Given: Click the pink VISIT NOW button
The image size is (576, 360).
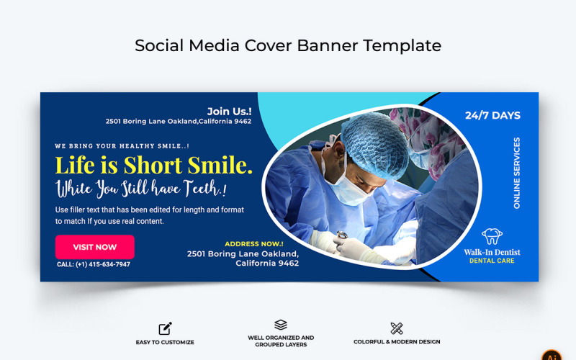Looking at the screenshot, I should (94, 247).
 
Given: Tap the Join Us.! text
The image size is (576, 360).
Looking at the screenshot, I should (229, 111).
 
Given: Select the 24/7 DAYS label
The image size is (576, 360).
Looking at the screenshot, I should (492, 115).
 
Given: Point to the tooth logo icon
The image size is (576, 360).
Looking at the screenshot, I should (492, 236).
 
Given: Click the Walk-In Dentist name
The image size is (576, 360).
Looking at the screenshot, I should (492, 252).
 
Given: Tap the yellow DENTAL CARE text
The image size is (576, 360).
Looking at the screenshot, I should (492, 261).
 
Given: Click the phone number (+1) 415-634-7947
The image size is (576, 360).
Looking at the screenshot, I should (94, 264).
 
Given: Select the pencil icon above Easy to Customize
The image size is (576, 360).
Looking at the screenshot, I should (165, 328).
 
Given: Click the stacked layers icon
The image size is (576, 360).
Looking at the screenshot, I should (281, 325).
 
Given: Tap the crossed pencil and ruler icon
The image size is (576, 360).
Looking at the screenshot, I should (397, 328).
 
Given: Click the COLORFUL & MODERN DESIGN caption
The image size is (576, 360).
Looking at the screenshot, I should (397, 342).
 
